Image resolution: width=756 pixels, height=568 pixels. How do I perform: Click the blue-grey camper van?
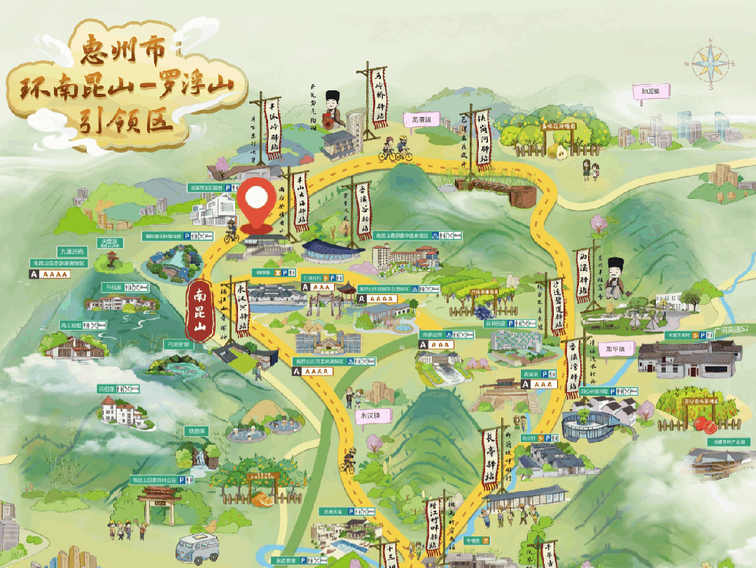[197, 546]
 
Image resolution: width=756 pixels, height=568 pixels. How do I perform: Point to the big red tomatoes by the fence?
[700, 422]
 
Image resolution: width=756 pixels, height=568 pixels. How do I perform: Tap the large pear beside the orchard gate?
[559, 151]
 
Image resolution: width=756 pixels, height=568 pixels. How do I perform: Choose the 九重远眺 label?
[71, 251]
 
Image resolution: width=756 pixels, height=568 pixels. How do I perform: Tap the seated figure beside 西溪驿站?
[616, 277]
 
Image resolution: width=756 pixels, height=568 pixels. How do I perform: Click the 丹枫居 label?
[114, 287]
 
